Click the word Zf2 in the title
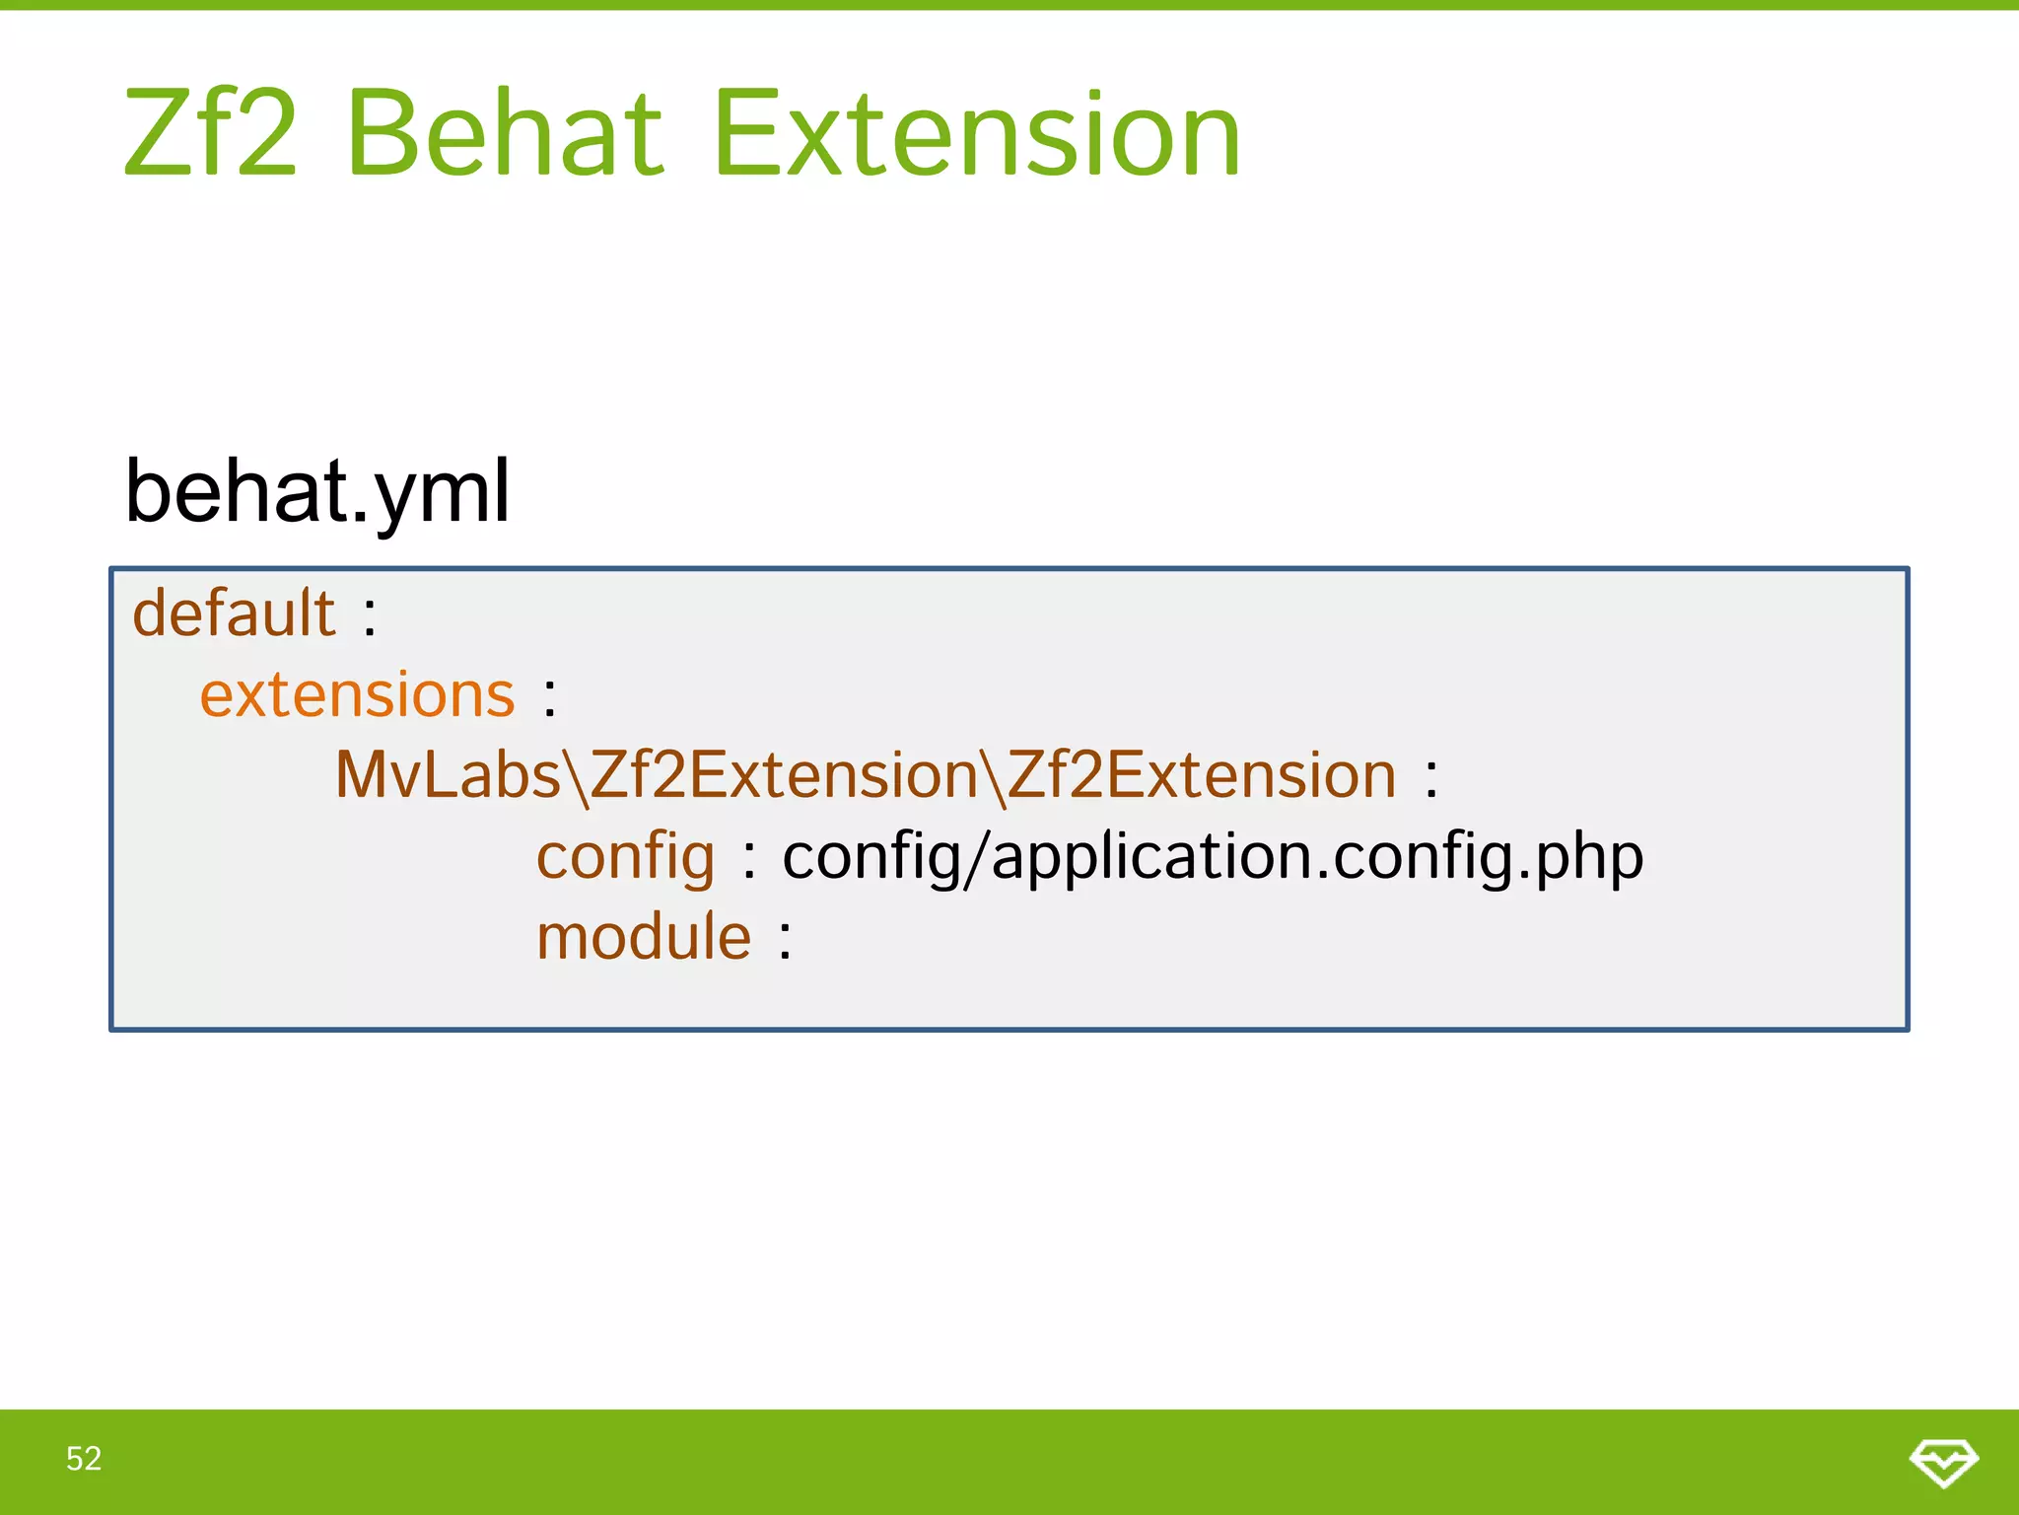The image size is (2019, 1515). click(x=210, y=134)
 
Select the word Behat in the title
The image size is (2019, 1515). click(x=505, y=134)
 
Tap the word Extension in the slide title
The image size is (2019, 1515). click(x=976, y=134)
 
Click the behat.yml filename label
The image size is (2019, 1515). click(x=317, y=493)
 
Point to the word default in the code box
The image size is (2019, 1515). click(x=235, y=613)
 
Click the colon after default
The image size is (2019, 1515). click(x=370, y=617)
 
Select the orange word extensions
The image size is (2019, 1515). click(x=357, y=695)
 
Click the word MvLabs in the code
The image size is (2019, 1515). click(x=448, y=775)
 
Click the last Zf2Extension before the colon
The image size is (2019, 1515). click(x=1203, y=775)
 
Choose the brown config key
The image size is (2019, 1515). click(x=625, y=857)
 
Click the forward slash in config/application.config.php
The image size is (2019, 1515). click(x=976, y=857)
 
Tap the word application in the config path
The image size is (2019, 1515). click(x=1152, y=857)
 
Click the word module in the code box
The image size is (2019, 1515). click(x=644, y=937)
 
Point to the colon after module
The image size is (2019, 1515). click(x=785, y=941)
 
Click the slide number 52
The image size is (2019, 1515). click(x=84, y=1459)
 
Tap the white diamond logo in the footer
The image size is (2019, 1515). click(x=1943, y=1462)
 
